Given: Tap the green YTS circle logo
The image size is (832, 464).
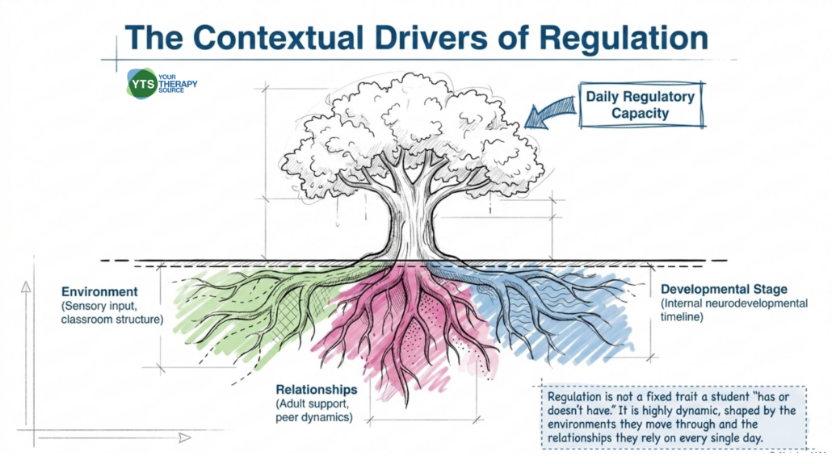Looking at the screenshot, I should [x=141, y=83].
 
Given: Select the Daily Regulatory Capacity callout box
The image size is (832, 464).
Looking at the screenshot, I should [x=640, y=106].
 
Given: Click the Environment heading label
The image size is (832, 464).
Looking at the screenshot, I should [x=99, y=291].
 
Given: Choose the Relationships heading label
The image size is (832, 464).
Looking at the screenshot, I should [x=317, y=389].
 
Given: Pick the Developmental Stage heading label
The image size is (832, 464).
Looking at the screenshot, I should [x=724, y=288].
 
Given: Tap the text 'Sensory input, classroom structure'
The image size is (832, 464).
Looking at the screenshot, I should [x=111, y=312].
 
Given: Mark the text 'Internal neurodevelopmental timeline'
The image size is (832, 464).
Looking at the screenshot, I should [x=733, y=310].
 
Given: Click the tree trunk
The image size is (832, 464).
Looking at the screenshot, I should [x=412, y=222].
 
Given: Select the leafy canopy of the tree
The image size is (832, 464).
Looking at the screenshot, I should [x=412, y=129].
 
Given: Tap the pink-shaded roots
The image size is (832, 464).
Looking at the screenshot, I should [x=404, y=323].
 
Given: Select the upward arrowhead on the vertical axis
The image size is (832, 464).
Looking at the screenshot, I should [x=26, y=286].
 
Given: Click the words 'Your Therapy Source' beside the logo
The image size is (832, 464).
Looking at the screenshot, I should [x=179, y=84].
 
